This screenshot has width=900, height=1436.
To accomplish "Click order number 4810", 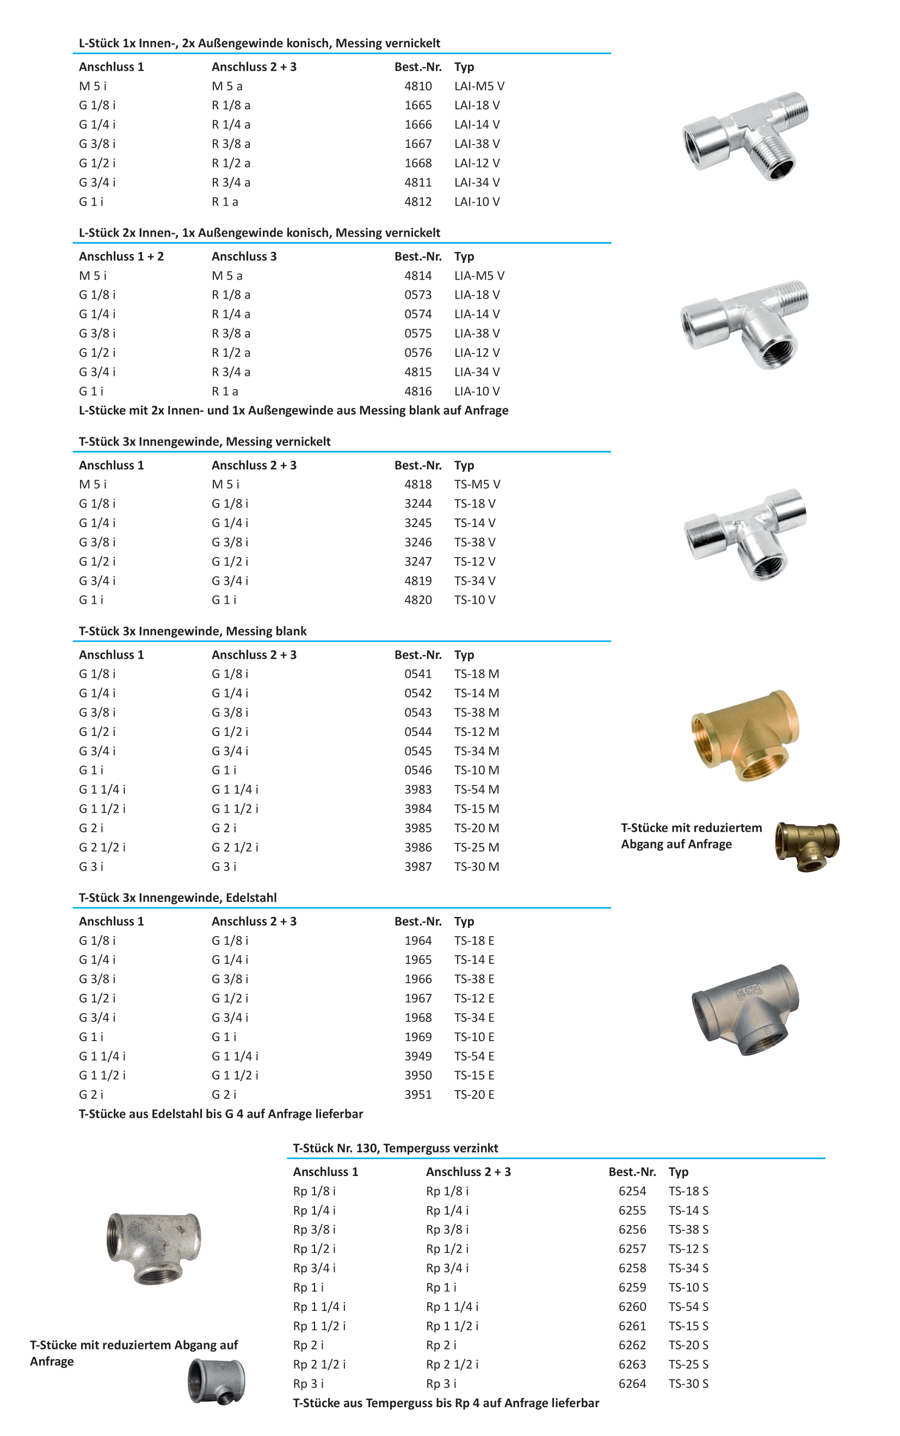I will coord(418,86).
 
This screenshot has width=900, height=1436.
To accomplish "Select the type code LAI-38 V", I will coord(477,144).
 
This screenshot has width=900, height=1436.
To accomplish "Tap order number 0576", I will coord(418,353).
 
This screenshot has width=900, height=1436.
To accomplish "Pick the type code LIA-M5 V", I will coord(479,276).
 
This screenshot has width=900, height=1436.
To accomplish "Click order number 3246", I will coord(418,542).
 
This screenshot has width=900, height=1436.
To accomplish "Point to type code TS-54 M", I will coord(476,789).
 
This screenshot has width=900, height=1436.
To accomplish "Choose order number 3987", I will coord(418,866).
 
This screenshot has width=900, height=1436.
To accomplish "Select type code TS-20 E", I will coord(474,1094).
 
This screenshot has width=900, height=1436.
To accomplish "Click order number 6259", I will coord(632,1288).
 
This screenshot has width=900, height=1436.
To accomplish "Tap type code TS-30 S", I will coord(688,1384).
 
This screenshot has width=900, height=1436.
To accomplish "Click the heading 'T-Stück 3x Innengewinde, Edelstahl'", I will coord(177,897).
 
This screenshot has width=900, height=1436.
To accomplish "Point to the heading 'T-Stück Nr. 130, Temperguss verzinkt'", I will coord(395,1148).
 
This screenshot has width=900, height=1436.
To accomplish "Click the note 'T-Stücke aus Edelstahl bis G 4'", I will coord(221,1113).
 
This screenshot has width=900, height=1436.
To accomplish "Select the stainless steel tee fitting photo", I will coord(745,1009).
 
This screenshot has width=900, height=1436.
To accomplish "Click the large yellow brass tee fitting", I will coord(745,735).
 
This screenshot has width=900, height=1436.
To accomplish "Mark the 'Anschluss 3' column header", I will coord(244,256).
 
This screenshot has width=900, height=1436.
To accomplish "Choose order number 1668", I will coord(418,163).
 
